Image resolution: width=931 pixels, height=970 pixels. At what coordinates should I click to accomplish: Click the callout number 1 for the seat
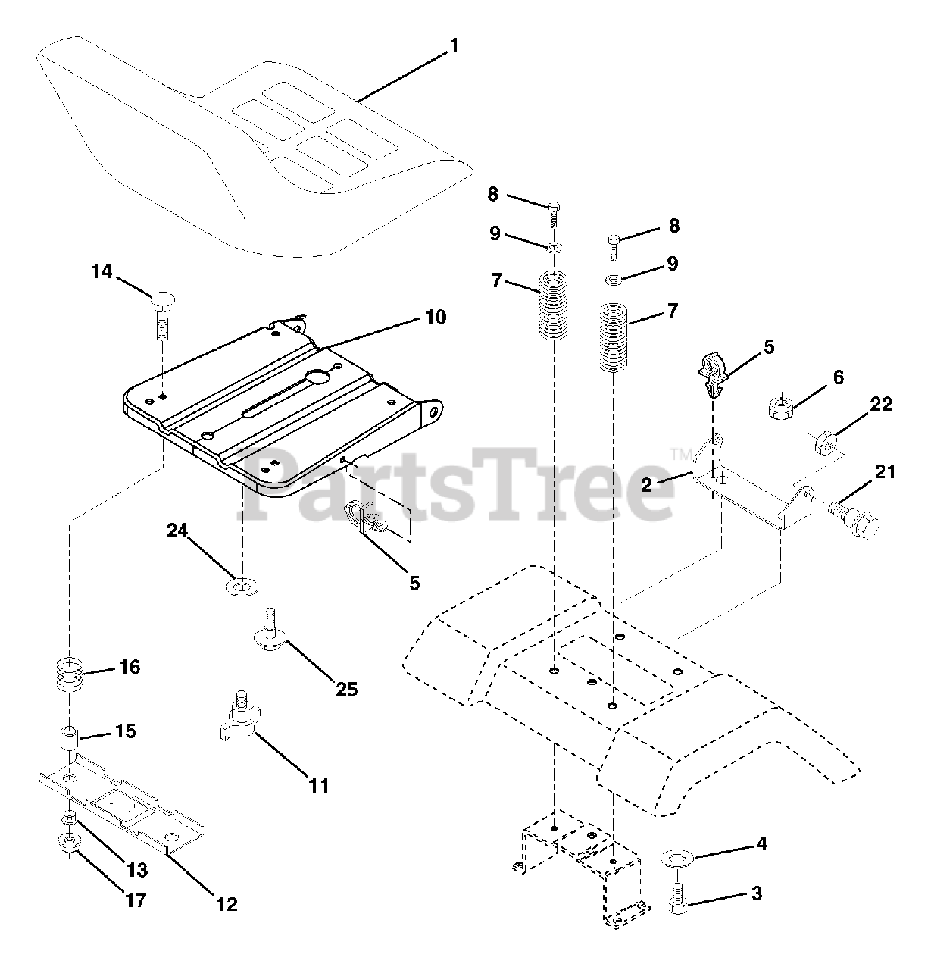454,46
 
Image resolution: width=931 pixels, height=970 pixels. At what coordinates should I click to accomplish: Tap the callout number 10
435,317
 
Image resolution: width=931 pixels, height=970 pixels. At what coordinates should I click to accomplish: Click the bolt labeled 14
162,311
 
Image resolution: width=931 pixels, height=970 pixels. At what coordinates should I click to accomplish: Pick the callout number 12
227,903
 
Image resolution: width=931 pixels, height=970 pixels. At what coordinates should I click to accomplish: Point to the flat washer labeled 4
676,859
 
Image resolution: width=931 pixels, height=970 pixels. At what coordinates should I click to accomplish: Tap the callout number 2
646,484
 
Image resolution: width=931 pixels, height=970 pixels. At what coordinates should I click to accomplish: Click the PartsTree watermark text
455,485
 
